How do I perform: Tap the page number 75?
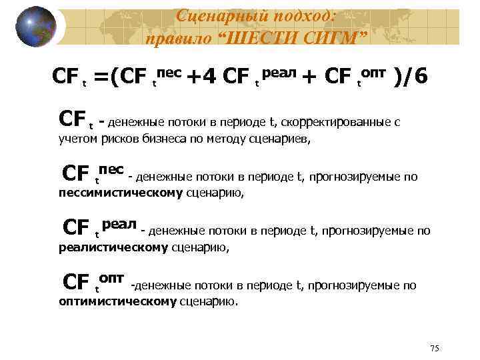click(x=435, y=349)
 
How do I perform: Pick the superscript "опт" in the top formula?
click(x=377, y=71)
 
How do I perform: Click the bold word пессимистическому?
click(x=121, y=193)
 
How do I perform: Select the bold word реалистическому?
click(x=113, y=248)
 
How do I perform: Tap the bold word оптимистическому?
click(x=118, y=301)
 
